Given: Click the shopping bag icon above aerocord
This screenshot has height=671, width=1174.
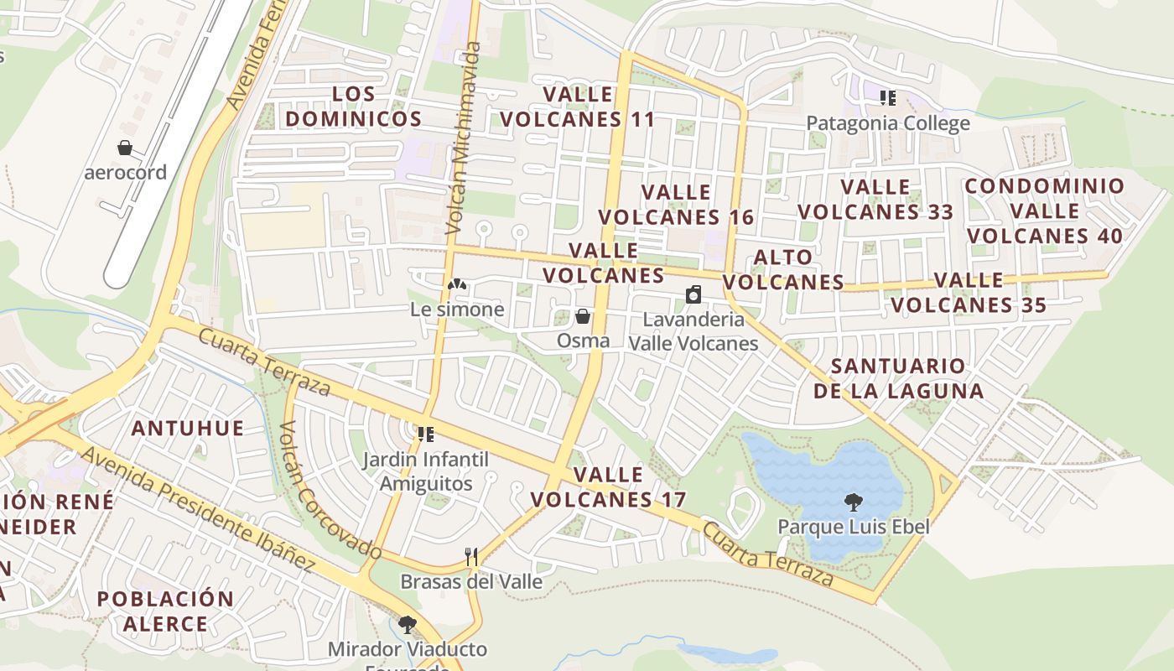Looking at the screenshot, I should [125, 148].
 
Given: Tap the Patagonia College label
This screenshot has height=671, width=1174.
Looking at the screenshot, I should [887, 123].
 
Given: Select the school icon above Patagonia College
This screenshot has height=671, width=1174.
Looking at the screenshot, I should [888, 98].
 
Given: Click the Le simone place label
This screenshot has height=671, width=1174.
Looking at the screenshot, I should [457, 309].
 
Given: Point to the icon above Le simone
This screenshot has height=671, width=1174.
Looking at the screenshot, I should [456, 285].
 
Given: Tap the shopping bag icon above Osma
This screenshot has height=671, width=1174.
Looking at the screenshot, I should [583, 316].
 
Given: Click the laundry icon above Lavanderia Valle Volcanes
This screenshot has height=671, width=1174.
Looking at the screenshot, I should [693, 294].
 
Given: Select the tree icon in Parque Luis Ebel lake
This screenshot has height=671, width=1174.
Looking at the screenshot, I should [854, 502].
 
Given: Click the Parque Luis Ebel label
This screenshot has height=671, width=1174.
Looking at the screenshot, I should [854, 527].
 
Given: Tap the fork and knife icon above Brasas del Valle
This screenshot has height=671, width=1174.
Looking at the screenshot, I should [471, 557].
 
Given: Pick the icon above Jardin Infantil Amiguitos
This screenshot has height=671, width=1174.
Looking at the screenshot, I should [426, 434].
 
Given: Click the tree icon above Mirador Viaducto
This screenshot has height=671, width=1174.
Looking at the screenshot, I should [408, 625].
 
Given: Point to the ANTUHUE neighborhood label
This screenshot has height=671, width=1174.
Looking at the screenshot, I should [188, 429].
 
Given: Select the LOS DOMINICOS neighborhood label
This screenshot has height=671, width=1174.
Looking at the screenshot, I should [353, 106].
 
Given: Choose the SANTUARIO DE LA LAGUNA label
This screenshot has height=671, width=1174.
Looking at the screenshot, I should [898, 378].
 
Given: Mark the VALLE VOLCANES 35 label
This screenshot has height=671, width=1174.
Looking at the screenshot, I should [969, 292].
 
